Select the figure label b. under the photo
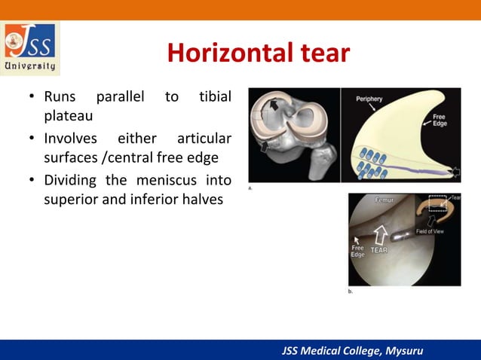tap(350, 290)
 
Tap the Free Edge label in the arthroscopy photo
tap(358, 250)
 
